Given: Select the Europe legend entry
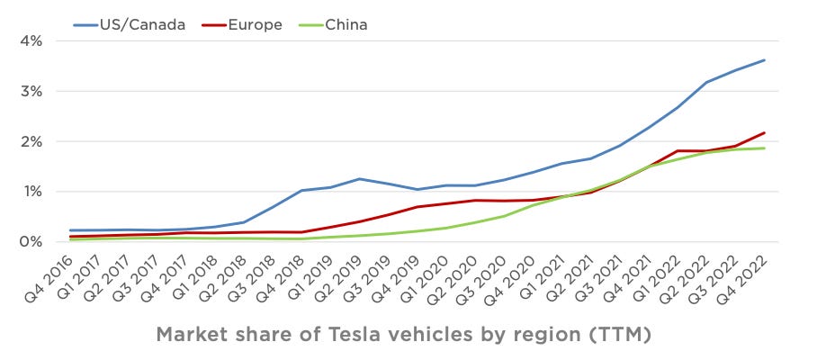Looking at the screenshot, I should pyautogui.click(x=253, y=24).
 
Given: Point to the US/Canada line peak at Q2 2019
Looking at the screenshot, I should pyautogui.click(x=360, y=179).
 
